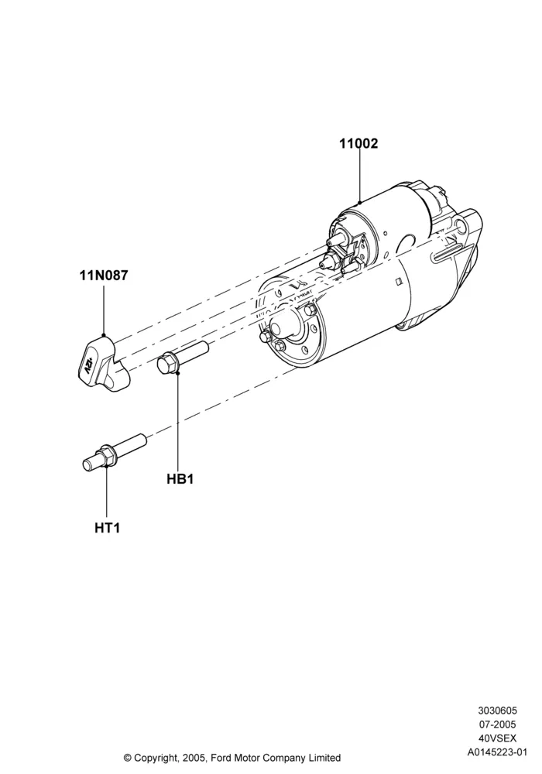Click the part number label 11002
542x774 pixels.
(358, 144)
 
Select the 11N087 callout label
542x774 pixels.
(104, 275)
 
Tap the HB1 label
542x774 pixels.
(180, 479)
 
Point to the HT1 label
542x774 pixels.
(107, 528)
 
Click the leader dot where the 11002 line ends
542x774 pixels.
(359, 202)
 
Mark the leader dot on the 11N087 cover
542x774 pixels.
(104, 336)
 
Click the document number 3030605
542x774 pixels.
(497, 711)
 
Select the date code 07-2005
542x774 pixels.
(497, 724)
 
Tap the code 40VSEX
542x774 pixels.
(497, 738)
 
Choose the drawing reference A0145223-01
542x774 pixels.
(497, 752)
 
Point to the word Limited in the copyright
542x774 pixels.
(324, 757)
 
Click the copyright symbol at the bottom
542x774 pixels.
(127, 758)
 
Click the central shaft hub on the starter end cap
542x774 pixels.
(283, 327)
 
